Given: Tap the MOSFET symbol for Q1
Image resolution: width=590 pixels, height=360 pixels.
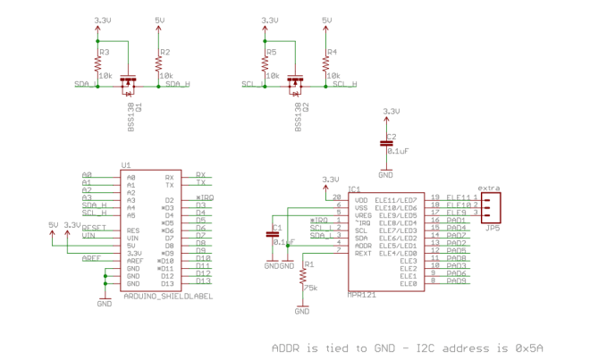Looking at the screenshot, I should pos(128,84).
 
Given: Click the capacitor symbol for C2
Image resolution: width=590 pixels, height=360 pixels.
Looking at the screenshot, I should pos(386,142).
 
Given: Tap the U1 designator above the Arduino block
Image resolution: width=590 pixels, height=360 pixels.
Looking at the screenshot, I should pos(125,165).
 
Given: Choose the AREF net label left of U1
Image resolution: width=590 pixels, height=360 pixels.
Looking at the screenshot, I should pos(90,258).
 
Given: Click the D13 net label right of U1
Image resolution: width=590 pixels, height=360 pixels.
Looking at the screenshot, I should pos(202,281).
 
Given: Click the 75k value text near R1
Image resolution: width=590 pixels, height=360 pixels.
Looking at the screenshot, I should pos(311,288).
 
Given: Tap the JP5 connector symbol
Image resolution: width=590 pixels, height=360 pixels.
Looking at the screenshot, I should pos(490,206).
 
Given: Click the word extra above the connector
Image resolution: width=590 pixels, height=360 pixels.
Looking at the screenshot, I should pos(489,188).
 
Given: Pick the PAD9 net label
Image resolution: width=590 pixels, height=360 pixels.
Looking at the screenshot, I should pos(457,281).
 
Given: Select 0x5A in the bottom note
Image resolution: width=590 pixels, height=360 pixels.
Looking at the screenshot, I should pos(528,347).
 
